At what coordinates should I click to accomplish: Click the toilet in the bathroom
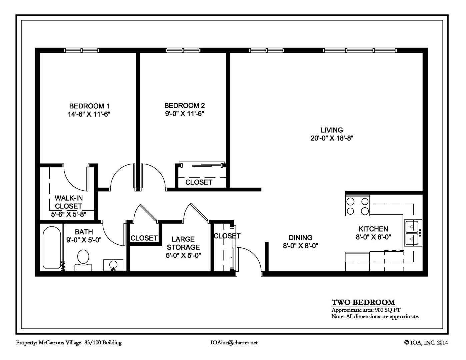pyautogui.click(x=83, y=260)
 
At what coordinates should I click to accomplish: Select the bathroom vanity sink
pyautogui.click(x=113, y=265)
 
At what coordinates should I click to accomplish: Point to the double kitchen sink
pyautogui.click(x=413, y=233)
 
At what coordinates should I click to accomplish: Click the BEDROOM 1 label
pyautogui.click(x=89, y=106)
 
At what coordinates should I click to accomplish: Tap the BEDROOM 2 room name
pyautogui.click(x=184, y=105)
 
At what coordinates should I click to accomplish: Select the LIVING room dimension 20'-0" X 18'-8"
pyautogui.click(x=332, y=138)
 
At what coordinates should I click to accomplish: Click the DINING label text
pyautogui.click(x=300, y=238)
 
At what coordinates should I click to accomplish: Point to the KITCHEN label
pyautogui.click(x=373, y=229)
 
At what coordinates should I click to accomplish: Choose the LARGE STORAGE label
pyautogui.click(x=183, y=243)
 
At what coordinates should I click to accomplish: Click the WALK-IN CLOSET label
pyautogui.click(x=69, y=202)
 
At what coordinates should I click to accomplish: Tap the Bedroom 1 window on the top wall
pyautogui.click(x=81, y=50)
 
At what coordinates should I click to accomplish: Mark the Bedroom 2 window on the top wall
pyautogui.click(x=183, y=50)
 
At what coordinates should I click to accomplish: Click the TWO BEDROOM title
pyautogui.click(x=363, y=302)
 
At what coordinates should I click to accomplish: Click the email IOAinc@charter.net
pyautogui.click(x=234, y=343)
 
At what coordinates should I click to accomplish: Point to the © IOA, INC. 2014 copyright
pyautogui.click(x=426, y=343)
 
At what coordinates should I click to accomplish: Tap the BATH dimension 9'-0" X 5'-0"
pyautogui.click(x=84, y=240)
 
